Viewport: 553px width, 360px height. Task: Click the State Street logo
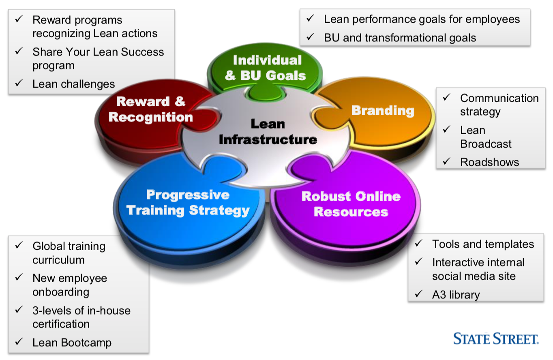496,339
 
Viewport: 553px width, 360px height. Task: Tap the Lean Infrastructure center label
268,132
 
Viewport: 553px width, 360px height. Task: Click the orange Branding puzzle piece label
383,110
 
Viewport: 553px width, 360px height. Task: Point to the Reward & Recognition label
151,109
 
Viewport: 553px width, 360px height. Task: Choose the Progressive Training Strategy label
188,203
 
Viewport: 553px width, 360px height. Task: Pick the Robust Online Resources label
351,204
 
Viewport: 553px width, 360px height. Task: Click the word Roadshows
489,162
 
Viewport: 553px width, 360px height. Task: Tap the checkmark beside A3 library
419,294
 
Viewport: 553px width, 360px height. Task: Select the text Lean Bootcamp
72,343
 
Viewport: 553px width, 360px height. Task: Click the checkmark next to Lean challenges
19,84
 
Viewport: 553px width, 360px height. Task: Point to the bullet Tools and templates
483,244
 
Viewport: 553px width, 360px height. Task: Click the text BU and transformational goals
400,38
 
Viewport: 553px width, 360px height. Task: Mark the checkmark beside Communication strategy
446,98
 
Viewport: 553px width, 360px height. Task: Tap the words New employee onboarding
70,285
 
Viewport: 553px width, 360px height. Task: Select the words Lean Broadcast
486,137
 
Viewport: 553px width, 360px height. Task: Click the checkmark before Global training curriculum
19,246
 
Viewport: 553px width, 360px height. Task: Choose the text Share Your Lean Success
98,52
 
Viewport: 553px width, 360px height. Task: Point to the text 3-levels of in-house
81,311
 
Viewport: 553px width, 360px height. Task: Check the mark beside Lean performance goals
310,19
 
